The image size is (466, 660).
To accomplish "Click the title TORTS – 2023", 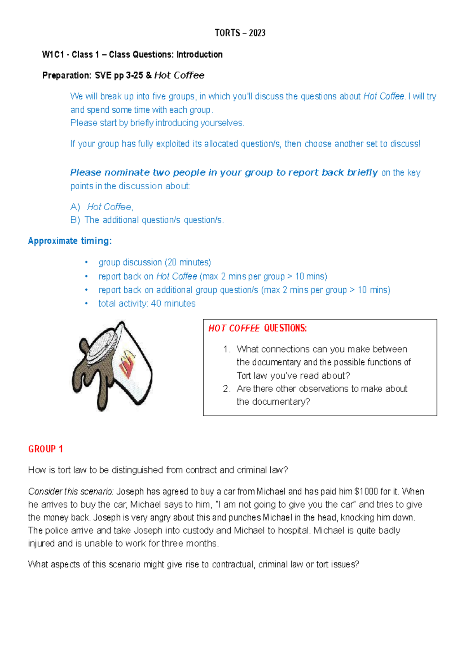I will pos(240,33).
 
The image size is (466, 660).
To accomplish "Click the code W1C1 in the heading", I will pos(53,55).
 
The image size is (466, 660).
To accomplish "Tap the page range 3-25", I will pos(134,75).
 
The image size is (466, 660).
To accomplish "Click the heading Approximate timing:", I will pos(70,241).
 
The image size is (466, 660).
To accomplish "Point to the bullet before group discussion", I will pos(87,263).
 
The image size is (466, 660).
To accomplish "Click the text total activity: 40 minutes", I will pos(147,304).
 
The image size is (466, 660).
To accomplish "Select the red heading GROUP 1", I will pos(45,449).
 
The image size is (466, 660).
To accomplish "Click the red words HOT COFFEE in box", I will pos(234,328).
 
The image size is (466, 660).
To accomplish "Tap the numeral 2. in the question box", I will pos(227,389).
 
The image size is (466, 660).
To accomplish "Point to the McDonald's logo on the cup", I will pos(129,363).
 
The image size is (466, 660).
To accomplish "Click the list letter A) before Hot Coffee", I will pos(75,207).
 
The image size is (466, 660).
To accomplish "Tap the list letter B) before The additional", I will pos(75,220).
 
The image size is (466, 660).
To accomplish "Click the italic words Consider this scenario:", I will pos(71,492).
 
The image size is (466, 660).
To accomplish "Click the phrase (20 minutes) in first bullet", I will pos(188,263).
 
